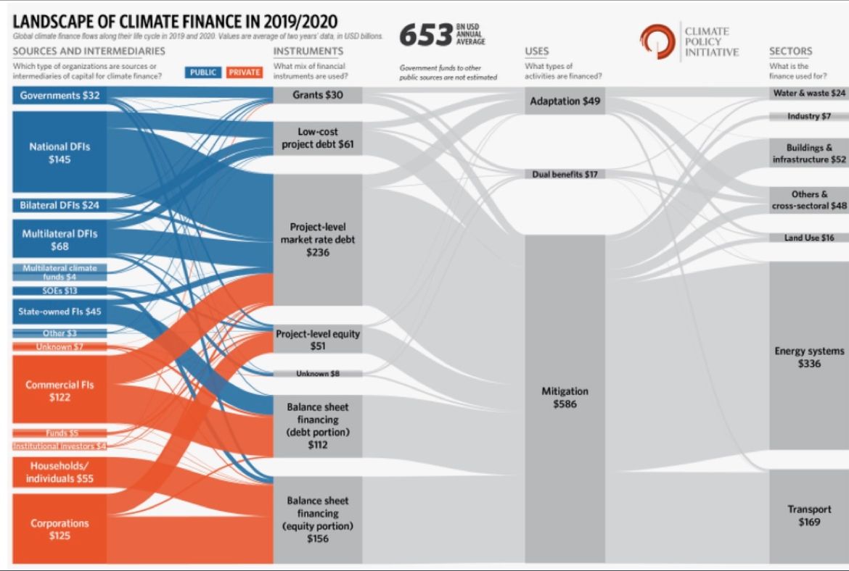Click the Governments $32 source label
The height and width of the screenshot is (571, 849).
(60, 96)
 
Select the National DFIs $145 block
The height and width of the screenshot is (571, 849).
(60, 153)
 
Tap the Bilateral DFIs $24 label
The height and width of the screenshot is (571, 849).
(60, 205)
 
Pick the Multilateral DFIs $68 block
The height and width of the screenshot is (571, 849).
(60, 240)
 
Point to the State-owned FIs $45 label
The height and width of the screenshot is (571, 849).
(60, 312)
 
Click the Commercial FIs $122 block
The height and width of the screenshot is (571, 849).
(60, 391)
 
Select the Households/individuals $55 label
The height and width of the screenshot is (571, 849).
(60, 472)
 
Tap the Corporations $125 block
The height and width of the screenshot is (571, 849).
(60, 529)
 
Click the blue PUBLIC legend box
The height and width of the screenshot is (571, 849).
(205, 72)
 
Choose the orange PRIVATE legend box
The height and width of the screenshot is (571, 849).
(244, 72)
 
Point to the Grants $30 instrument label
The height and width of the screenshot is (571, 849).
(318, 95)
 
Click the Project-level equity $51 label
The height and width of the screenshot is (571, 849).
(318, 341)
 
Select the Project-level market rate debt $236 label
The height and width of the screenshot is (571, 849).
(318, 240)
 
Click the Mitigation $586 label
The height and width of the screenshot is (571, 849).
(565, 398)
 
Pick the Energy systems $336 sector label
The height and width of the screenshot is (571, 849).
(808, 357)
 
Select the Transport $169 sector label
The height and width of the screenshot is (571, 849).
(808, 515)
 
